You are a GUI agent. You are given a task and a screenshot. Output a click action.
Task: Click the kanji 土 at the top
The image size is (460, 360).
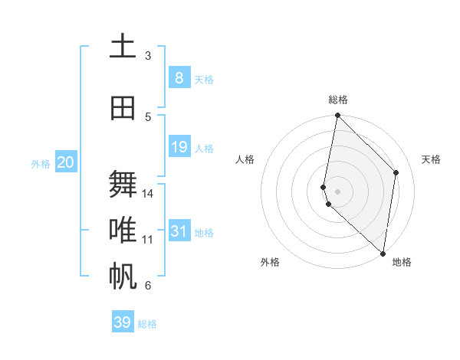click(123, 47)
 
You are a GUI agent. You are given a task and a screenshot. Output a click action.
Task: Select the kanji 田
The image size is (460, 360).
click(123, 108)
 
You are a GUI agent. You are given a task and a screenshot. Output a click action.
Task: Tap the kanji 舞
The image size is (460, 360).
click(123, 185)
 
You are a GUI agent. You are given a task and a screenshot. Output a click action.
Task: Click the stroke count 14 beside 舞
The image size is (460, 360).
click(148, 194)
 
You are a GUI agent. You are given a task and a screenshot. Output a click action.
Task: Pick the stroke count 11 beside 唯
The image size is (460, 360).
click(148, 240)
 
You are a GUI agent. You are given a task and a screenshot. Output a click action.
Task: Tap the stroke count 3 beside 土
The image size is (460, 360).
click(148, 56)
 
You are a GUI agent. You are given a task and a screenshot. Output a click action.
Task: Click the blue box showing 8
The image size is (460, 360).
click(179, 77)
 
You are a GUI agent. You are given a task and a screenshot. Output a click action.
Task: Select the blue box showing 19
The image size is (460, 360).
click(179, 146)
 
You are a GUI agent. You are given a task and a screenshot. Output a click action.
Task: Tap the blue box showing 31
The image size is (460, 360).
click(179, 231)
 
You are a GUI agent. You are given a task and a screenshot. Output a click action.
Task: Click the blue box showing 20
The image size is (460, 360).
click(66, 162)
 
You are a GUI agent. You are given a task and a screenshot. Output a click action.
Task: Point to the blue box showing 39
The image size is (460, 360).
click(123, 322)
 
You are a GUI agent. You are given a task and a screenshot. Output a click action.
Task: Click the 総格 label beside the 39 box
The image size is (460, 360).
click(147, 324)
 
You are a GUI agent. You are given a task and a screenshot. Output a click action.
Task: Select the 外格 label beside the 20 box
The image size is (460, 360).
click(40, 163)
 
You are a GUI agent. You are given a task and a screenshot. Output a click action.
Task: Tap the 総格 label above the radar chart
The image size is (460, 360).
click(338, 100)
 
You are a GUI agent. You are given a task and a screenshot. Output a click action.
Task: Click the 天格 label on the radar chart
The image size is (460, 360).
click(431, 159)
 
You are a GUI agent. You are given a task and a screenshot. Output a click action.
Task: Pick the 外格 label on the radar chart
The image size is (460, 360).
click(270, 262)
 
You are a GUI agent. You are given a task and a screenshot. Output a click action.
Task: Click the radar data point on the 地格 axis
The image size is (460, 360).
click(383, 254)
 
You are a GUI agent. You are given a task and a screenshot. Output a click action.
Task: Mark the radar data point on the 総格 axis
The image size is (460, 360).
click(338, 116)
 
